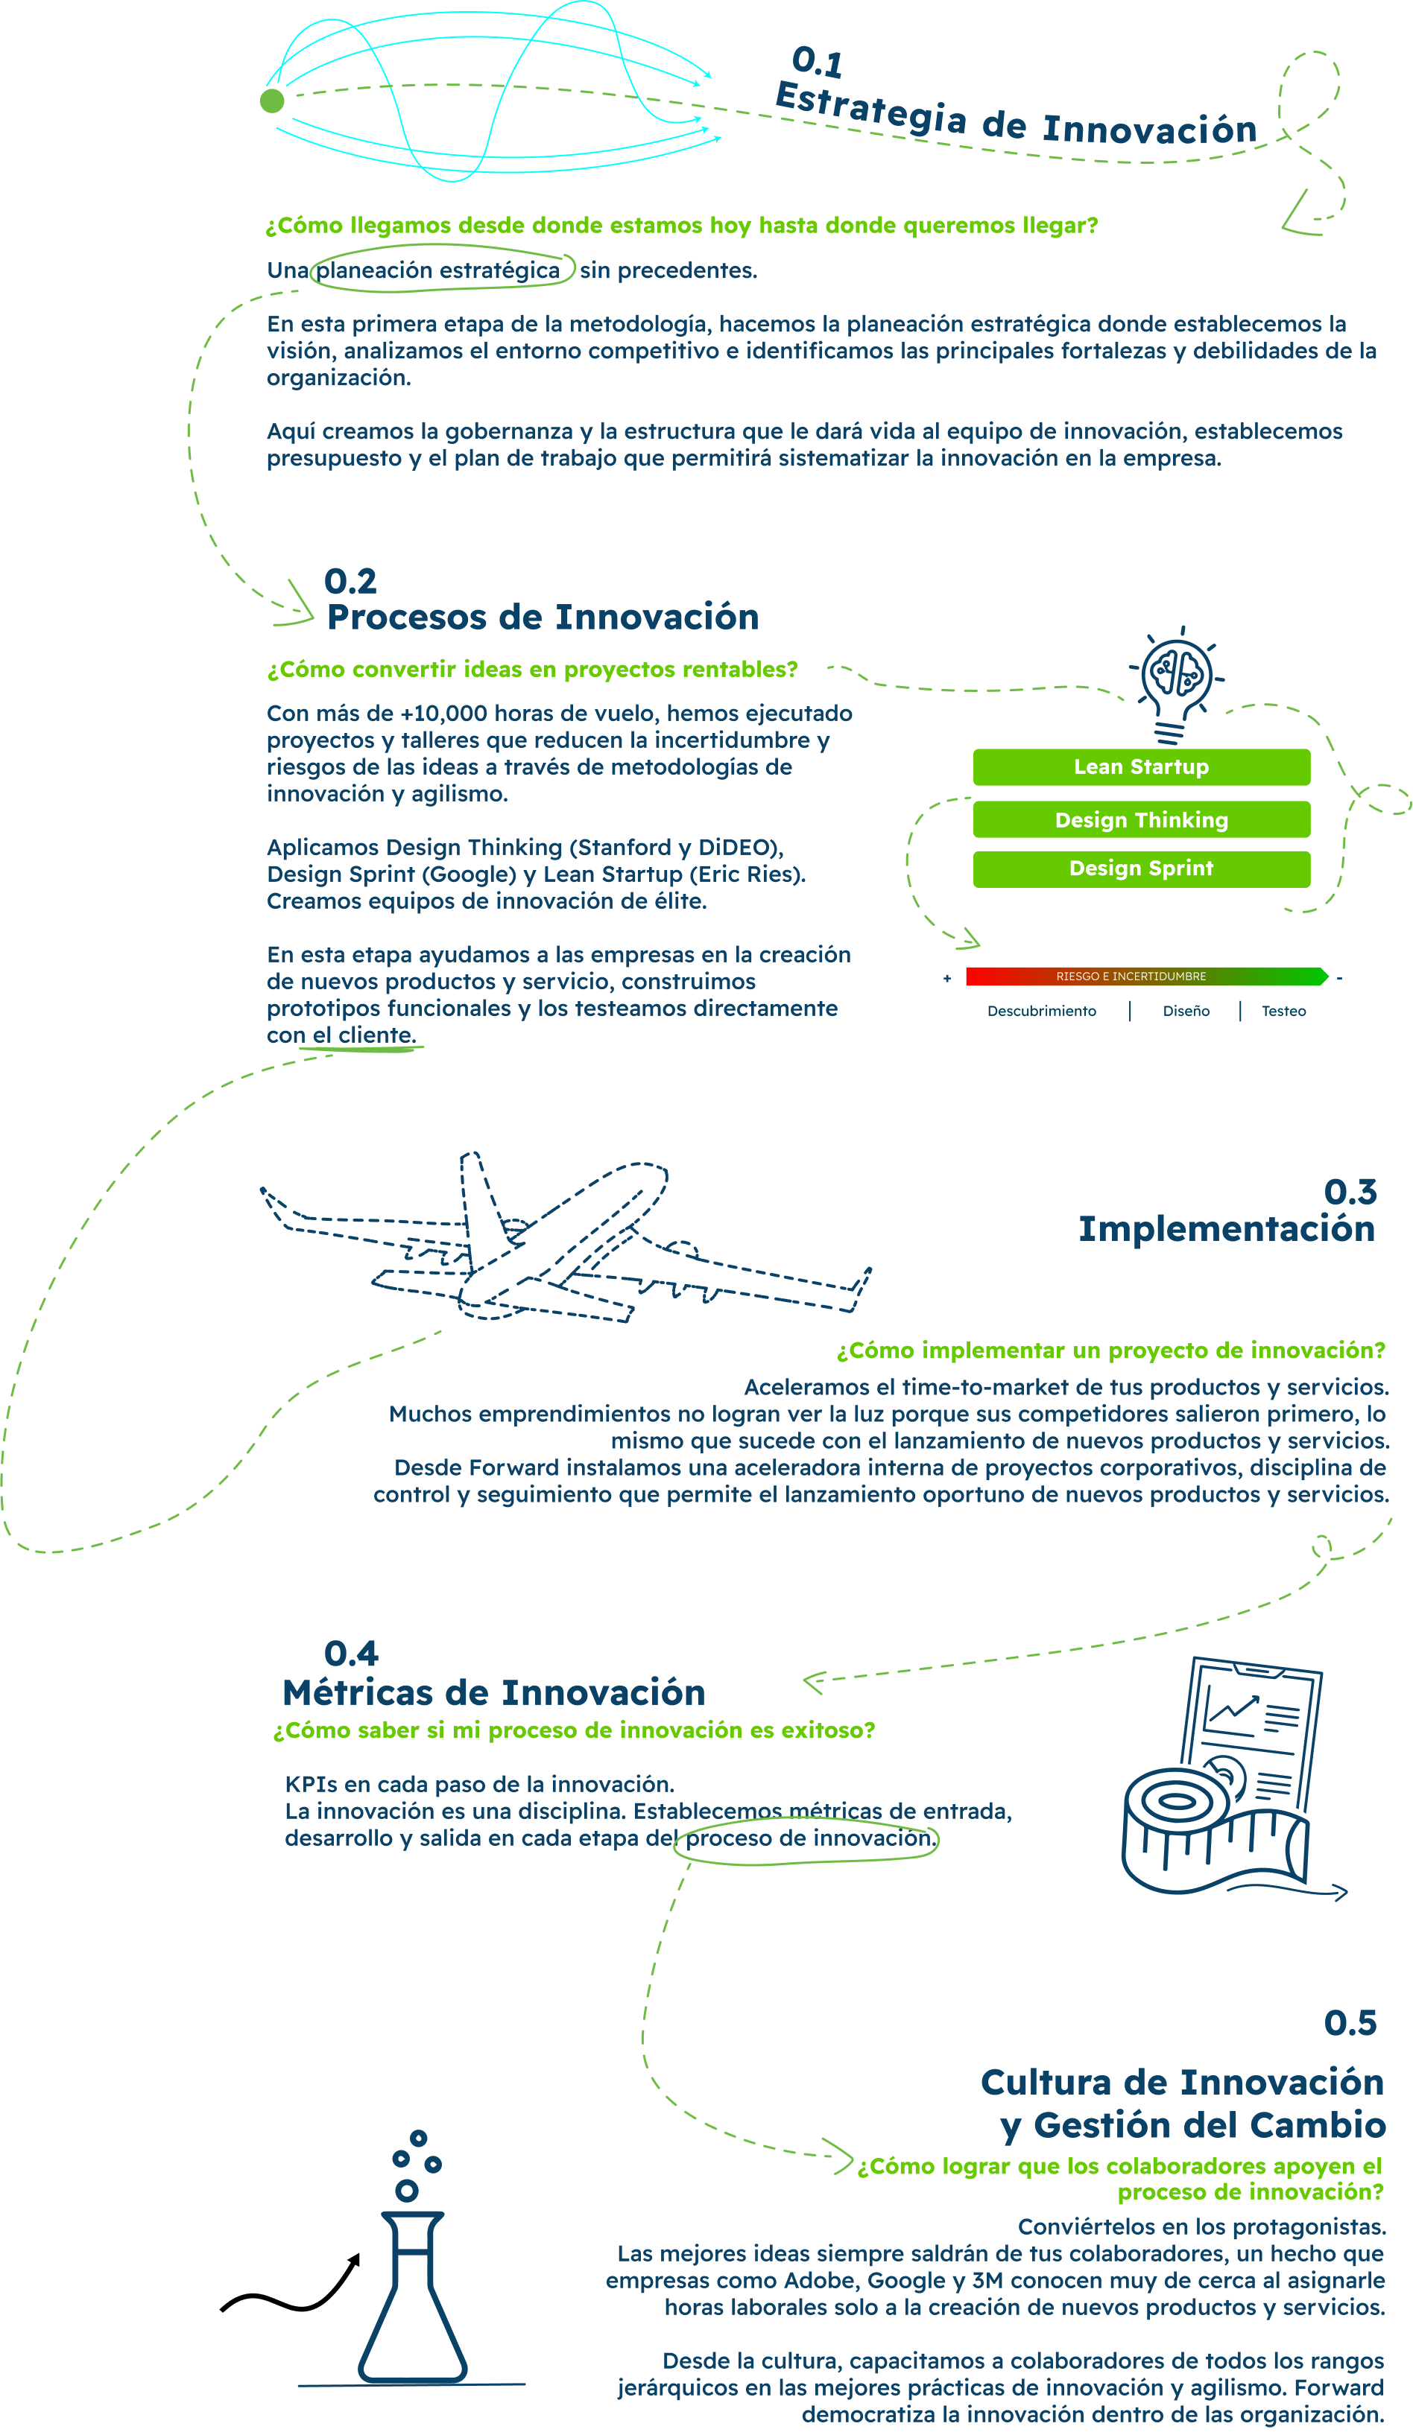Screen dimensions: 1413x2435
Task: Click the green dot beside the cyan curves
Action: (271, 101)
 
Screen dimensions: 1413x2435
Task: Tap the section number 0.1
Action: (818, 62)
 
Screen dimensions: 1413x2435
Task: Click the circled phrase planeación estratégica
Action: (437, 270)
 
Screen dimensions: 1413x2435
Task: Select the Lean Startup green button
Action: (1142, 767)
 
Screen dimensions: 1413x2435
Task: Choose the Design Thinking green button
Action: (1142, 819)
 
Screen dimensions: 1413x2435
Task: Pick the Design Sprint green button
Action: (1142, 869)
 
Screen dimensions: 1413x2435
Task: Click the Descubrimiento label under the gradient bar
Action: (1042, 1011)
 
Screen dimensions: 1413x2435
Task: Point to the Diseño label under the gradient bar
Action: (1186, 1011)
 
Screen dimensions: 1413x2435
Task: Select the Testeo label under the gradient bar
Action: (1283, 1011)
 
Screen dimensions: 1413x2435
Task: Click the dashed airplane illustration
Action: (566, 1236)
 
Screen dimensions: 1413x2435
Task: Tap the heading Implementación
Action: (1227, 1229)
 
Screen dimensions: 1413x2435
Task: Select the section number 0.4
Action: (351, 1654)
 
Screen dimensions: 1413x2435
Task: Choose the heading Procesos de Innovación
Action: (543, 618)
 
